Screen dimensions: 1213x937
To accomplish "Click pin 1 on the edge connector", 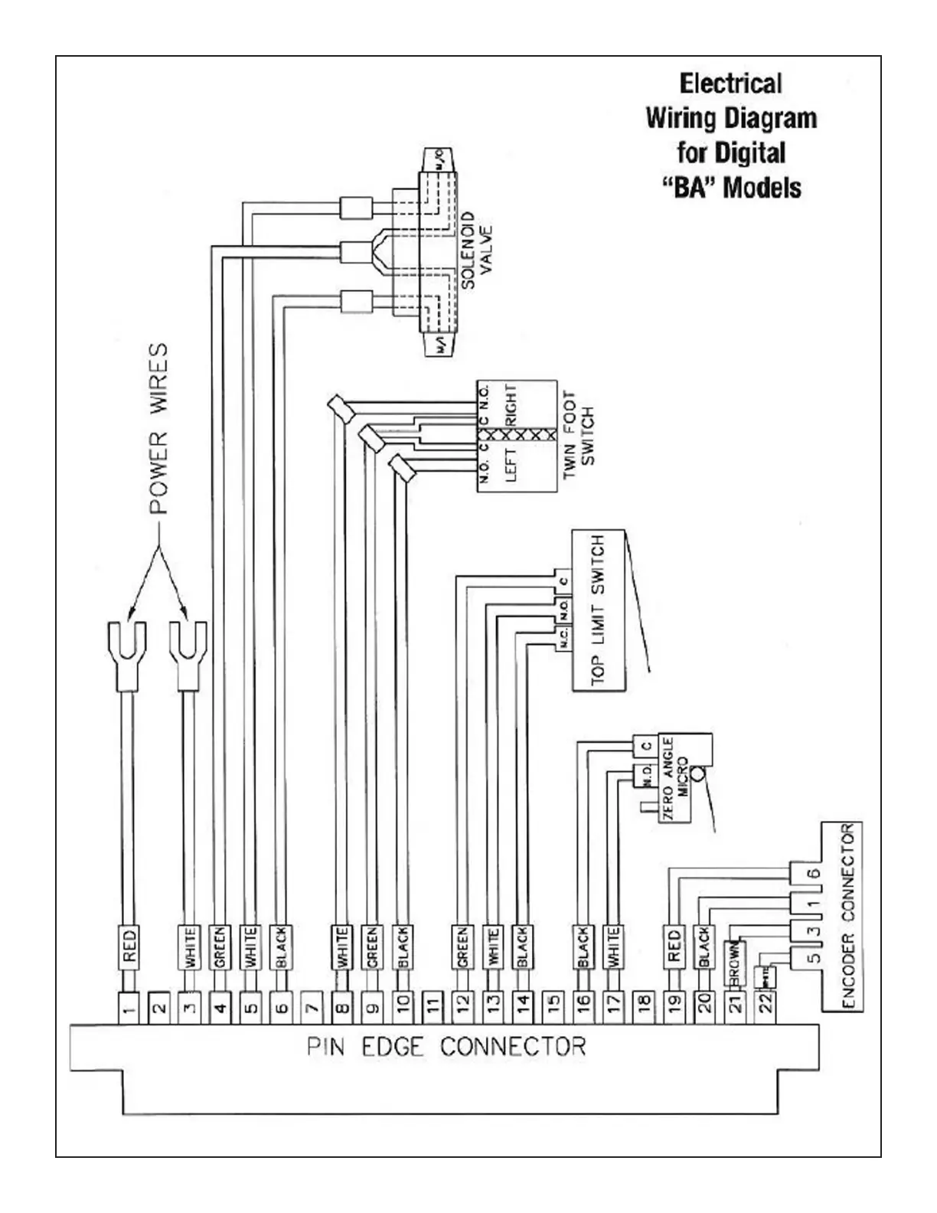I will pos(129,1008).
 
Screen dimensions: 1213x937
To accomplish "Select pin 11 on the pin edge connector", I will pos(433,1008).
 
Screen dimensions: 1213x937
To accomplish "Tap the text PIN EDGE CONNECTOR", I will pos(446,1046).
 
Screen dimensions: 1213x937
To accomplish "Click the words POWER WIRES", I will pos(158,429).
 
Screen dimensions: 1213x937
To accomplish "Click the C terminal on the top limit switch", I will pos(563,582).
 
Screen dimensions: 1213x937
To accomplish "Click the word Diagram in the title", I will pos(771,119).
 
